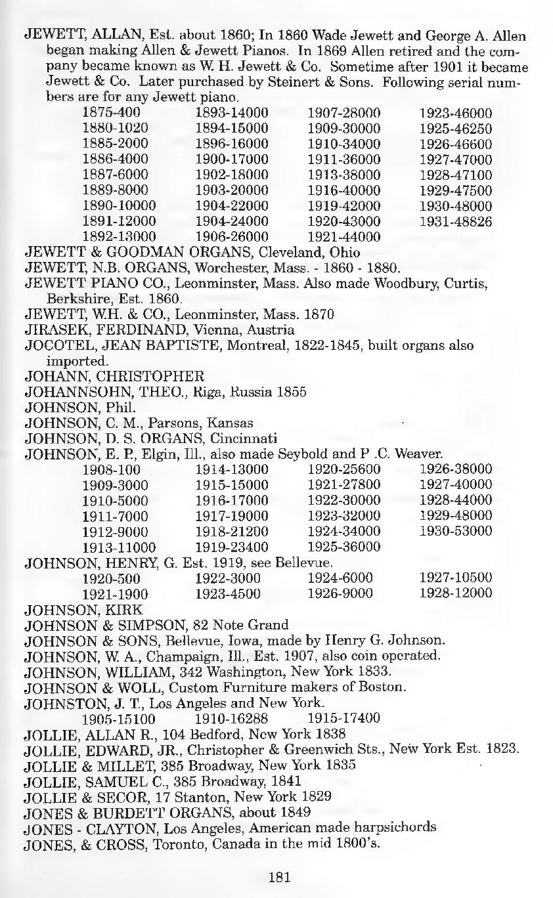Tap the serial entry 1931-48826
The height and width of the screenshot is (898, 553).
click(x=455, y=222)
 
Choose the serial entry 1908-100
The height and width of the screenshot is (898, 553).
click(x=110, y=469)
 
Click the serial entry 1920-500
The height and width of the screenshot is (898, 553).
click(x=110, y=578)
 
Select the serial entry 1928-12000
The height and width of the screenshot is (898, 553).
click(x=455, y=593)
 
